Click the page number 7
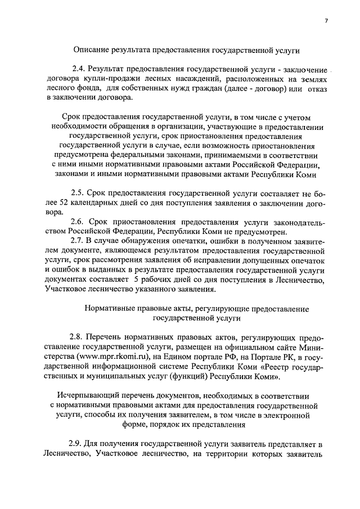tap(326, 21)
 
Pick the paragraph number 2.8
tap(78, 337)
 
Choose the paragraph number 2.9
tap(76, 444)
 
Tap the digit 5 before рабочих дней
tap(137, 280)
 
